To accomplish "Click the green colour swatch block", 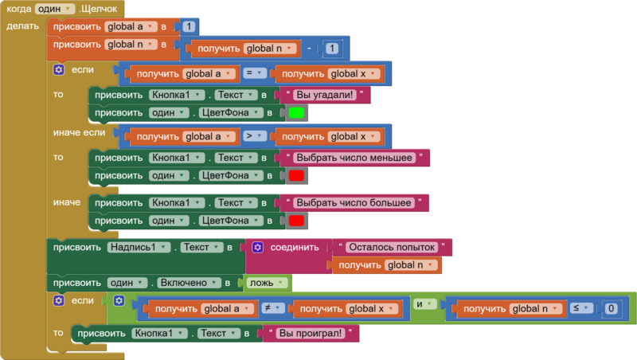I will pyautogui.click(x=296, y=113).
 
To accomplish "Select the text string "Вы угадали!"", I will pyautogui.click(x=327, y=95).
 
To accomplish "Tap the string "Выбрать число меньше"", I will pyautogui.click(x=354, y=157).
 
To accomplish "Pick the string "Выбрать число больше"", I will pyautogui.click(x=354, y=202).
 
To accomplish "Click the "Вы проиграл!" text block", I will pyautogui.click(x=310, y=332).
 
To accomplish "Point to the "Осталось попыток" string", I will pyautogui.click(x=393, y=247).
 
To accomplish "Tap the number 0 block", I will pyautogui.click(x=610, y=308).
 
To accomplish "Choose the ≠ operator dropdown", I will pyautogui.click(x=271, y=308).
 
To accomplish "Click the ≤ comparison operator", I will pyautogui.click(x=578, y=308).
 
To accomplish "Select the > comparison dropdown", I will pyautogui.click(x=252, y=136).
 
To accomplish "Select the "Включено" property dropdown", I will pyautogui.click(x=191, y=283).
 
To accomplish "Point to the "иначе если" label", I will pyautogui.click(x=79, y=131).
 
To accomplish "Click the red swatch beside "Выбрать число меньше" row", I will pyautogui.click(x=296, y=175).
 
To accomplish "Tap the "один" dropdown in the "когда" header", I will pyautogui.click(x=55, y=8).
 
